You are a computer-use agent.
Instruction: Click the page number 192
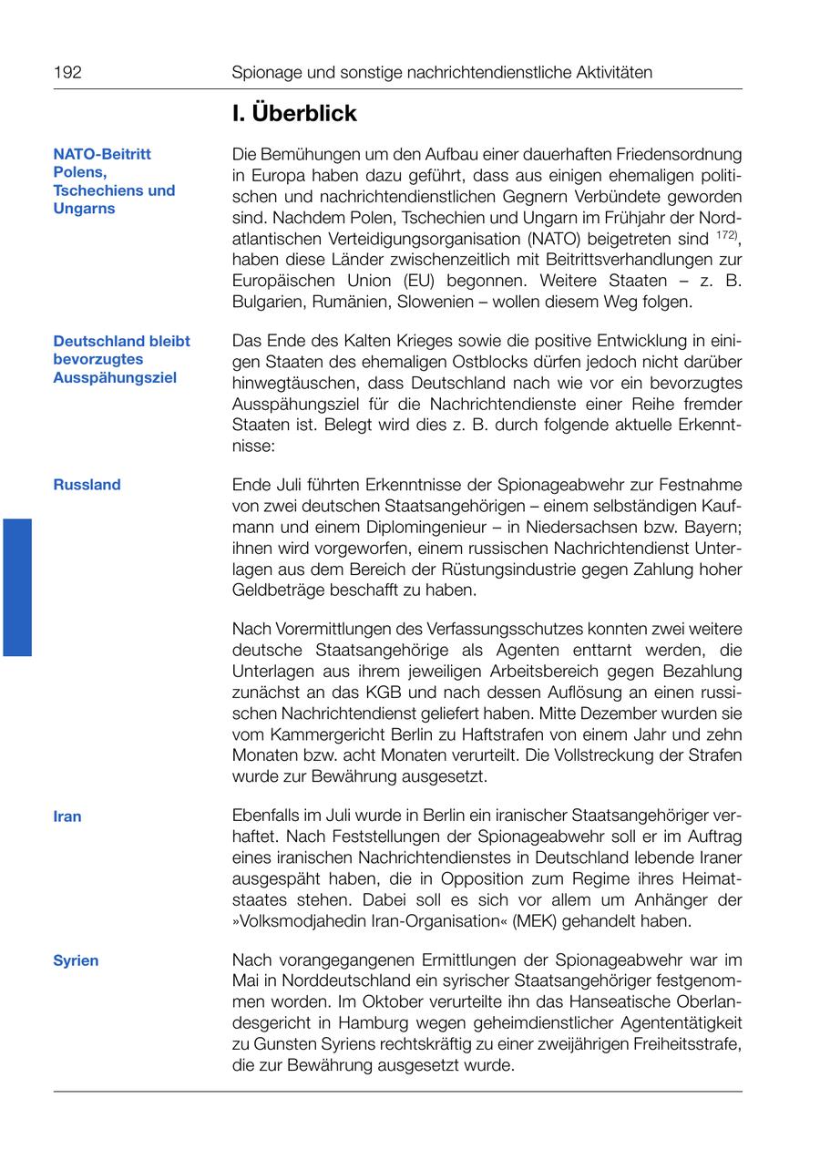67,72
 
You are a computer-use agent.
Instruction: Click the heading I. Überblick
293,114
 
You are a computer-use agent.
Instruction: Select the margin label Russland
87,485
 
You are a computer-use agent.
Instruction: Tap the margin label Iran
67,816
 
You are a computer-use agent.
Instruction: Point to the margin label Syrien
76,960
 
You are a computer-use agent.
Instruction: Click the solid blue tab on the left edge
17,587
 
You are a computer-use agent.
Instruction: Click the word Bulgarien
271,302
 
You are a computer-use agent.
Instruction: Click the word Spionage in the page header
266,72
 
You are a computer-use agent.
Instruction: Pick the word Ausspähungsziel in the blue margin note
115,377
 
